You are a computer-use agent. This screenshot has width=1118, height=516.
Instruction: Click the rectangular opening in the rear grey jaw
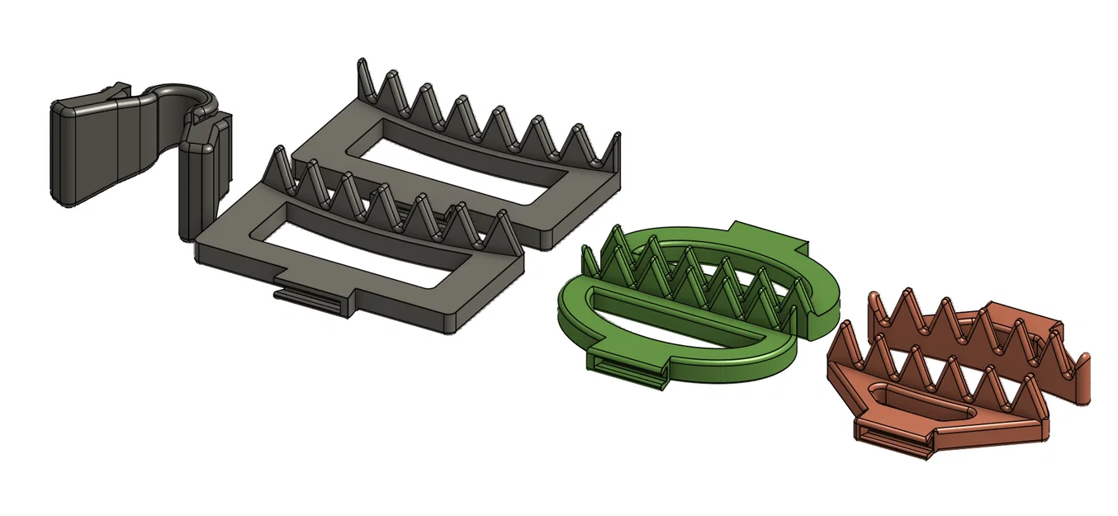[x=458, y=161]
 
